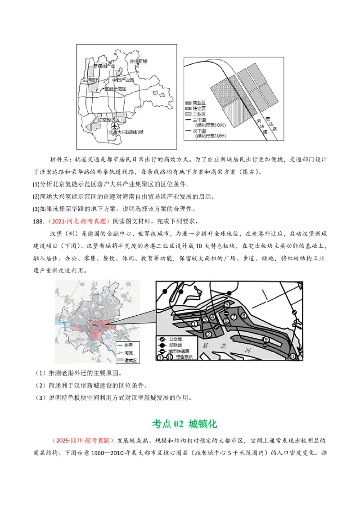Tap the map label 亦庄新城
138,61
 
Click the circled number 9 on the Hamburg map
266,339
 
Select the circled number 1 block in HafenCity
194,323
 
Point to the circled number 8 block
243,316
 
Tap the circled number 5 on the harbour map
227,304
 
